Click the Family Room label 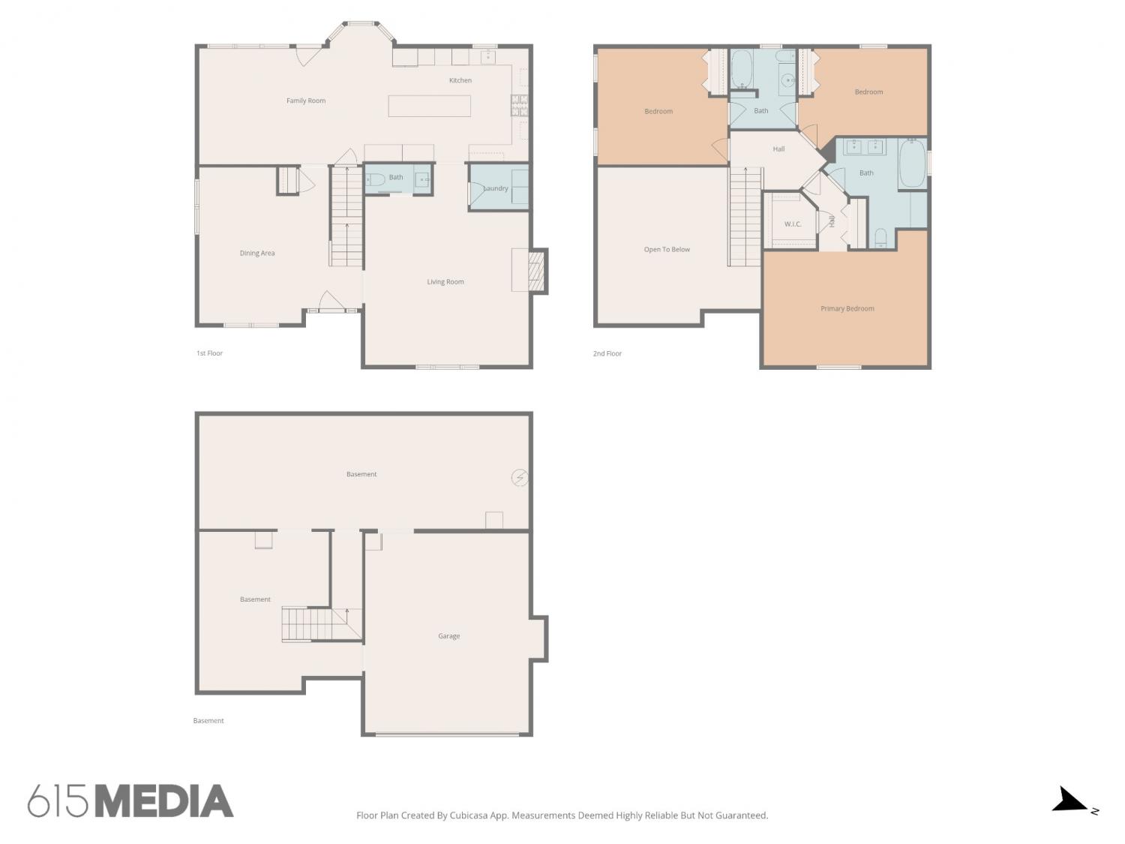(305, 101)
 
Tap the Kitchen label (460, 80)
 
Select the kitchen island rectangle (429, 106)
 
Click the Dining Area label (256, 253)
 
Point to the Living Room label (445, 281)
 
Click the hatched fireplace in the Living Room (535, 271)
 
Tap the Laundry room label (495, 188)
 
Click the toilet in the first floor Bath (375, 179)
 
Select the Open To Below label (666, 249)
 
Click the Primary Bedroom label (847, 308)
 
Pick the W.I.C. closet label (792, 224)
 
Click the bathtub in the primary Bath (912, 164)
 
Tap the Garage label (448, 635)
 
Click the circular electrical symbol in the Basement (520, 477)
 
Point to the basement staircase (321, 623)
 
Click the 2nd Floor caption (607, 353)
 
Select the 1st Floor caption (209, 353)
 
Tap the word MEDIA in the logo (164, 800)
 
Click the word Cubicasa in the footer (469, 815)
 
